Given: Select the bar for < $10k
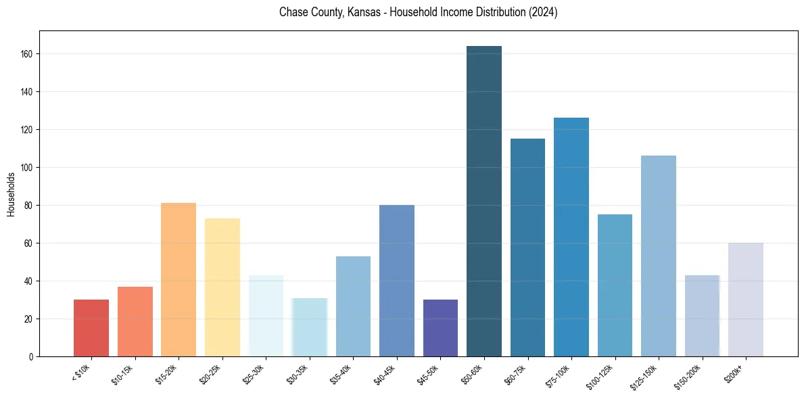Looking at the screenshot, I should point(91,328).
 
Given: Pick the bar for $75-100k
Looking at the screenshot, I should point(571,237).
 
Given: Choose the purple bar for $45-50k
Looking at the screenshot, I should point(440,328).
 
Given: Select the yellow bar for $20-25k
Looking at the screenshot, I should point(222,287).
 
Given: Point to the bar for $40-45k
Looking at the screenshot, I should point(397,281).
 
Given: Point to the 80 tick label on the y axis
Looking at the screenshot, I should point(29,206).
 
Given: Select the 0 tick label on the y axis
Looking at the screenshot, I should point(31,357).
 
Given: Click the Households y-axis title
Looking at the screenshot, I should point(11,194).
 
